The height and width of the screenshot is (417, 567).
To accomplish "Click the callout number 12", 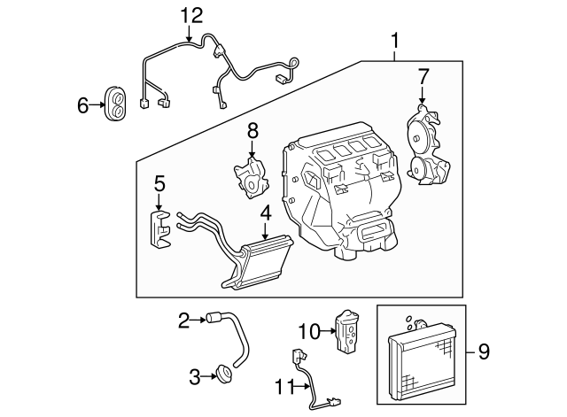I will [x=191, y=14].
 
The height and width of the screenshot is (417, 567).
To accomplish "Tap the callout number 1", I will [x=394, y=39].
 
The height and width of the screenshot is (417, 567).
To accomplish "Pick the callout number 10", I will [x=307, y=331].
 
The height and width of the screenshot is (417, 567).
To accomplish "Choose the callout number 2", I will [x=184, y=320].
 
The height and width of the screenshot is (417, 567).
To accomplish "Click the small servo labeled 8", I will [x=252, y=174].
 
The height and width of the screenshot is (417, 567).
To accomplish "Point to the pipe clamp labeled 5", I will [x=159, y=228].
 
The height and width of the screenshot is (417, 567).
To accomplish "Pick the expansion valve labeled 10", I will [x=347, y=331].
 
